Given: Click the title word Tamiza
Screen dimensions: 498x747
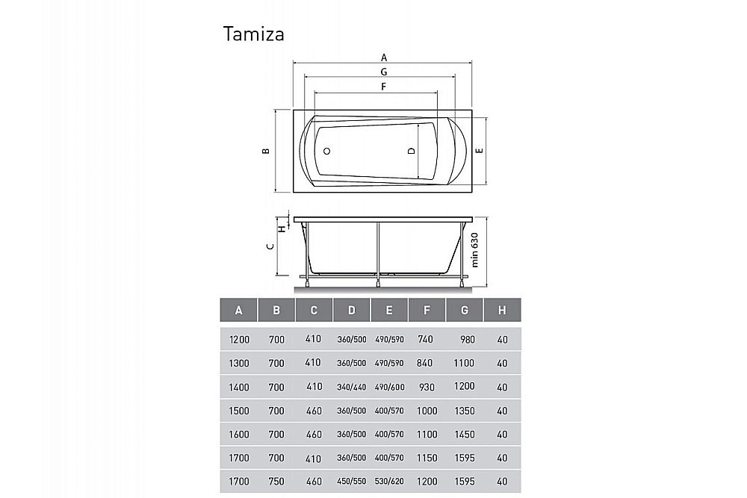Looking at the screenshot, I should pos(253,34).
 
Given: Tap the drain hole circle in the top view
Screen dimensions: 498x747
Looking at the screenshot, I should pos(326,151).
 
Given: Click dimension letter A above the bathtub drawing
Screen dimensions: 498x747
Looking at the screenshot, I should pos(384,57).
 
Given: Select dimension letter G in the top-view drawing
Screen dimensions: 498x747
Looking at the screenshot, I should pos(383,72).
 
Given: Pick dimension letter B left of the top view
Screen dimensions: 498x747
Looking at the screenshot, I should pos(265,151).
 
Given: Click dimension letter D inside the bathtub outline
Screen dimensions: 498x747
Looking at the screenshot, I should pos(411,151).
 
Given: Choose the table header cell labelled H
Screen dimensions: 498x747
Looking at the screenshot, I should pos(502,310).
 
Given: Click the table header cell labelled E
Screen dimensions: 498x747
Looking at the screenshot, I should pos(389,310).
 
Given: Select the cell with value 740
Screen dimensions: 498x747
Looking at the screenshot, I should pos(427,339).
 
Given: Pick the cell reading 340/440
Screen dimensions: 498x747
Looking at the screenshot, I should pos(352,387).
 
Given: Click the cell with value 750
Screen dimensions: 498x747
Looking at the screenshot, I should pos(276,482).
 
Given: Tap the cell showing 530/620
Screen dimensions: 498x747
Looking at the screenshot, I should pos(389,482).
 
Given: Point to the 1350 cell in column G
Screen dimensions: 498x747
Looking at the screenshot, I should pos(465,410).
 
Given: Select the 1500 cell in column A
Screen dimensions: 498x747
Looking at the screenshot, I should pos(239,410).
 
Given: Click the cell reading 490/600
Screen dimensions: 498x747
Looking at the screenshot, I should pos(389,387).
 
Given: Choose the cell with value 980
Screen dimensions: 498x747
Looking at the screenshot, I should pos(468,339).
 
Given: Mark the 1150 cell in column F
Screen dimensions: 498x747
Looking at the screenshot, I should pos(427,458).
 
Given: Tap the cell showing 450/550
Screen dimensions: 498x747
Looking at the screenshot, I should pos(352,482).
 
